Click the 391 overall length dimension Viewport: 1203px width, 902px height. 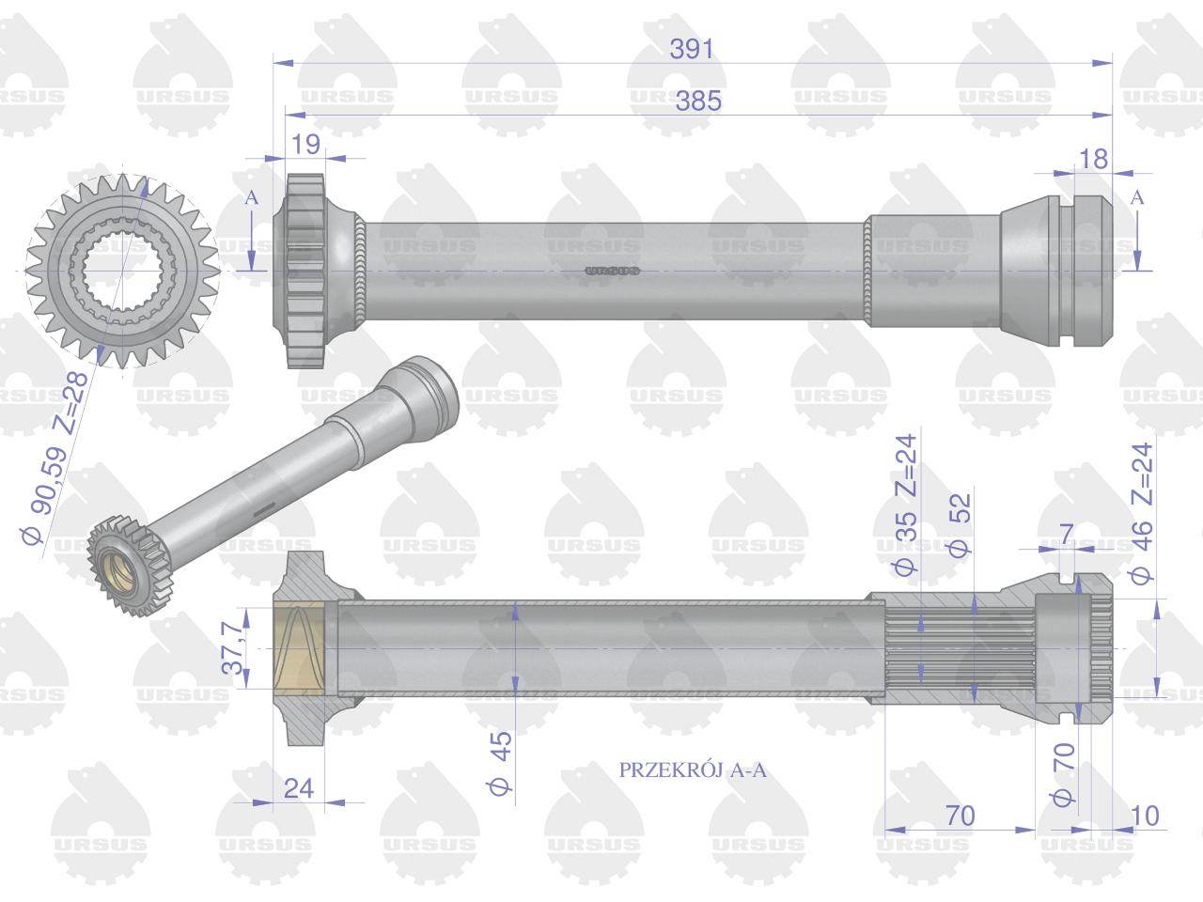coord(692,49)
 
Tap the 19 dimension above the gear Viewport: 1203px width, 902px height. coord(305,144)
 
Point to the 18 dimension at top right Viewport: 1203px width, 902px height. coord(1092,159)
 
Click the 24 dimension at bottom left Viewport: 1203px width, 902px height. coord(298,788)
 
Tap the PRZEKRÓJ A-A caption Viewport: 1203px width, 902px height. coord(693,770)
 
